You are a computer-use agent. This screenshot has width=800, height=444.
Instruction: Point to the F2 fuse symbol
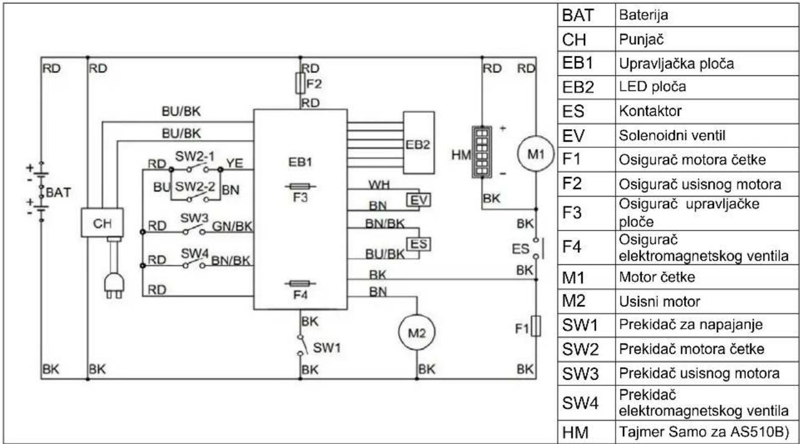[300, 84]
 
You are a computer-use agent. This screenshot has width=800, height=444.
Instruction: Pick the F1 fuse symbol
[536, 326]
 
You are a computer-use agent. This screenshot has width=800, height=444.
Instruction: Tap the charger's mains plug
[114, 286]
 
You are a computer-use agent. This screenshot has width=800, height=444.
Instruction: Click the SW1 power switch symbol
[302, 345]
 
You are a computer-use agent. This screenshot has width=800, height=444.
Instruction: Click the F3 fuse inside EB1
[300, 186]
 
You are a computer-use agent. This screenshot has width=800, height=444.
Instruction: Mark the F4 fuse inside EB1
[300, 284]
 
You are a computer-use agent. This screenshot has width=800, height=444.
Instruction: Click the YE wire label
[235, 163]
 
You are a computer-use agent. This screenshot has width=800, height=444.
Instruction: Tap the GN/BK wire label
[232, 226]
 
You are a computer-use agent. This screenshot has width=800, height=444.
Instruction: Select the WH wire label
[379, 185]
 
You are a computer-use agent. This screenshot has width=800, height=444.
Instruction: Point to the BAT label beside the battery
[59, 192]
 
